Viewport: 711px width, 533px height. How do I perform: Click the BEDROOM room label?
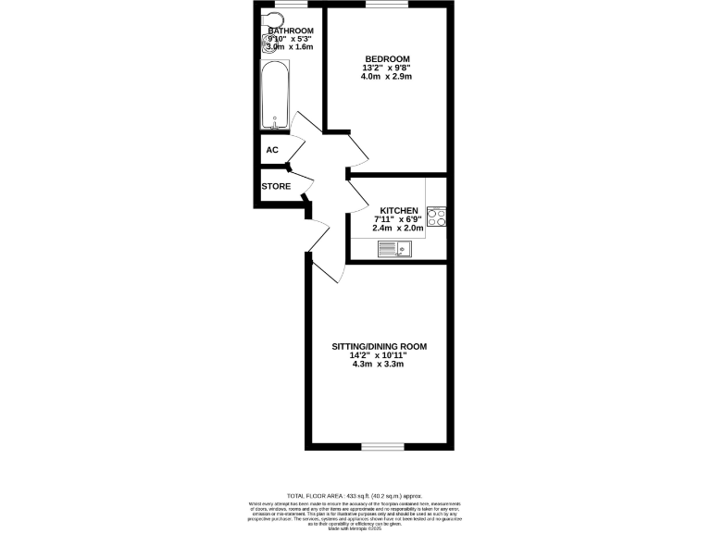tap(386, 58)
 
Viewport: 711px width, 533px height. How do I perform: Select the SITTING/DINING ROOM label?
tap(380, 346)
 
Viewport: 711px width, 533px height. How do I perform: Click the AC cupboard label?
tap(272, 150)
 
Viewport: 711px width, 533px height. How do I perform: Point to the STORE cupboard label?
tap(276, 186)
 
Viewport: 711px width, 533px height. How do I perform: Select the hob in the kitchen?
tap(437, 217)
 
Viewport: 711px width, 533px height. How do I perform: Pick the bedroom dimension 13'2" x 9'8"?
tap(386, 68)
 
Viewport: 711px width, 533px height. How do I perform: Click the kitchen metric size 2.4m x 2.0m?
tap(398, 228)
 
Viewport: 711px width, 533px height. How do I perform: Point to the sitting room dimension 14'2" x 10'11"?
tap(379, 355)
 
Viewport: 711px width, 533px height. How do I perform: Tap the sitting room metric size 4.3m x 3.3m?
tap(380, 365)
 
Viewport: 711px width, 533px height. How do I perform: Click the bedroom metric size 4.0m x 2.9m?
tap(386, 77)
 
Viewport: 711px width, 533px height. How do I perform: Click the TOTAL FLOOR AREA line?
tap(355, 497)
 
